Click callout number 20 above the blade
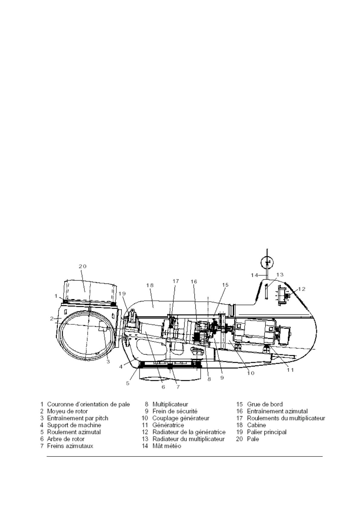tap(83, 266)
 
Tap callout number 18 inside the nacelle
tap(150, 285)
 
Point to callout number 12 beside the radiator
tap(301, 289)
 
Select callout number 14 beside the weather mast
tap(254, 275)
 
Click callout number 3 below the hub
tap(108, 361)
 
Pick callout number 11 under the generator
tap(290, 370)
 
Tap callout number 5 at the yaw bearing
tap(128, 383)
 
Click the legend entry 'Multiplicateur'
tap(170, 404)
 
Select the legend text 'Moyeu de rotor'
tap(67, 411)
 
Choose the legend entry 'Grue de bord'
tap(265, 404)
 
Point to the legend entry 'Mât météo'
tap(167, 446)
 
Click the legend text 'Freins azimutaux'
tap(70, 446)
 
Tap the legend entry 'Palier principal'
tap(267, 432)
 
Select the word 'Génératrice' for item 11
tap(168, 425)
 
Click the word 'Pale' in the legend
tap(253, 439)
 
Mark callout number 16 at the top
tap(194, 281)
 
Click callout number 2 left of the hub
tap(52, 318)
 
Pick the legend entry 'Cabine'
tap(256, 425)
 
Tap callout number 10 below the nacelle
tap(251, 373)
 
